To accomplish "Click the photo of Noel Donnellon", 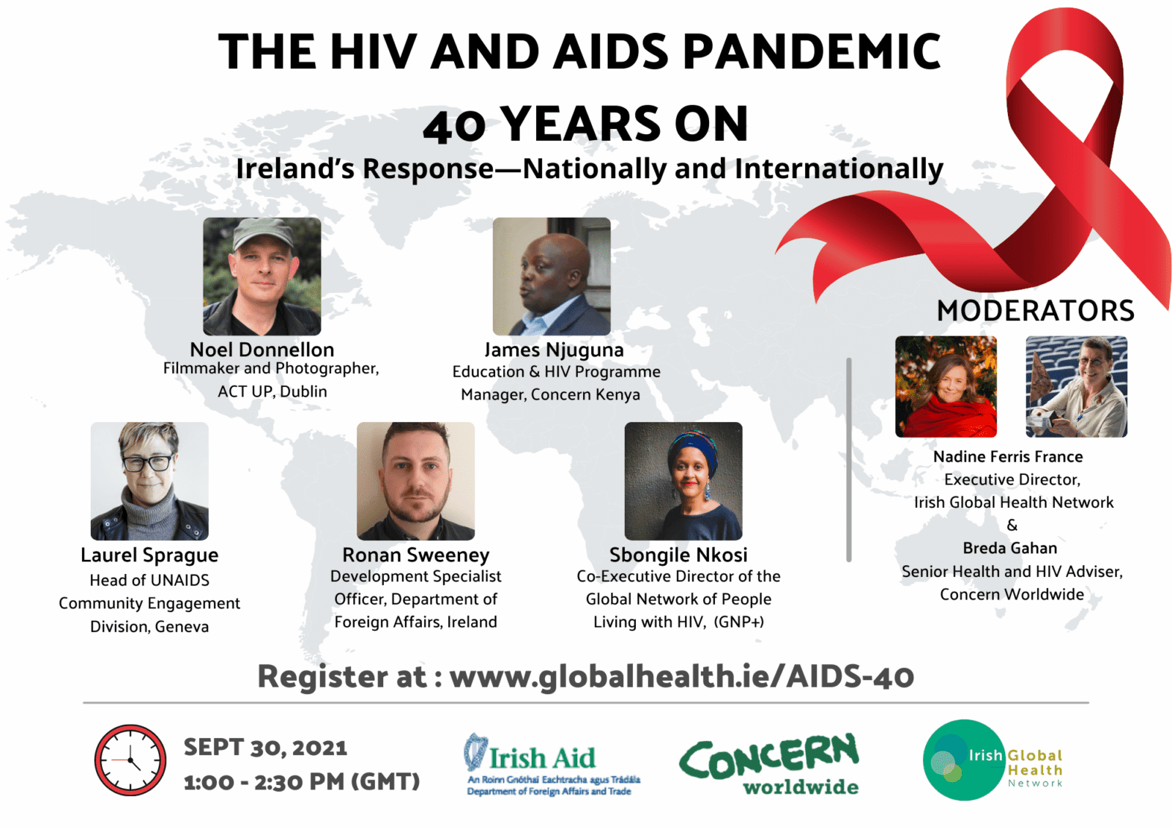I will [262, 276].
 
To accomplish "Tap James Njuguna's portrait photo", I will [551, 276].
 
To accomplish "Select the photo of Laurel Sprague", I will [149, 481].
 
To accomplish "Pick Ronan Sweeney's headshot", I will [415, 481].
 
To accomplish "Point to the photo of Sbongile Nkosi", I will [683, 481].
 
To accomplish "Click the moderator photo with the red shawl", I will [946, 386].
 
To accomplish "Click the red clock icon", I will [130, 760].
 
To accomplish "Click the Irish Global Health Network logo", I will [993, 760].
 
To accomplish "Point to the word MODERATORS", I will [1035, 311].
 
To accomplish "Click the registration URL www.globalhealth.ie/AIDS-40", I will [681, 676].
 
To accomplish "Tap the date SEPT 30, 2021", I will [265, 747].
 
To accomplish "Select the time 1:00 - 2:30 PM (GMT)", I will [302, 781].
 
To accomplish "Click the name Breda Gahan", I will [1010, 548].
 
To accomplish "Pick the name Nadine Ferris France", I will [1008, 457].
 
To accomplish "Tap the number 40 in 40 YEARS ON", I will [454, 125].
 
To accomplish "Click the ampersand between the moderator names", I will [1012, 525].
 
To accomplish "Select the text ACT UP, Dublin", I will [272, 391].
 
